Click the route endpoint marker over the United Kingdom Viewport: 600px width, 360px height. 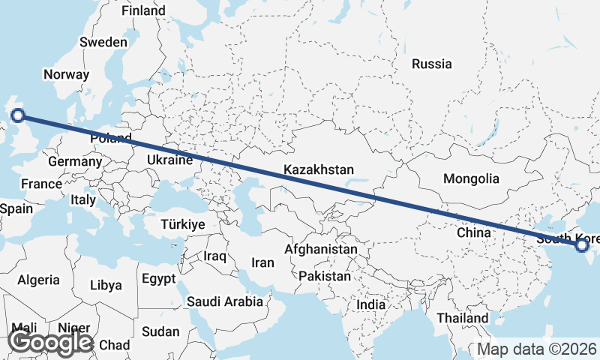[18, 115]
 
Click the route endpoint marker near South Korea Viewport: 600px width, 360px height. [582, 244]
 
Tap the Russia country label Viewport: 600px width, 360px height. [432, 64]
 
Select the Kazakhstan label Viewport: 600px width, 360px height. [319, 170]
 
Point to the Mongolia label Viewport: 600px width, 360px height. [471, 178]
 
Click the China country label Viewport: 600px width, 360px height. [474, 232]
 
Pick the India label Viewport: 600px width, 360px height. [370, 305]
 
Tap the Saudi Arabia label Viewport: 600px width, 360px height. [225, 301]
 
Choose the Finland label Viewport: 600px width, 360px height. [143, 11]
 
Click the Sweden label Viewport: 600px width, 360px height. [103, 42]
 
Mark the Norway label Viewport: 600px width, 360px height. [66, 74]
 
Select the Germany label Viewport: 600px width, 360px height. [74, 161]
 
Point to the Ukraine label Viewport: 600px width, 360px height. [169, 160]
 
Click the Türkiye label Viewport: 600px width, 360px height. [183, 224]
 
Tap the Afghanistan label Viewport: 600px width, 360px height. [322, 249]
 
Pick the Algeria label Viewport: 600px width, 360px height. [38, 280]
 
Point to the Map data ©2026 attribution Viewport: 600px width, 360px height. [537, 349]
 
